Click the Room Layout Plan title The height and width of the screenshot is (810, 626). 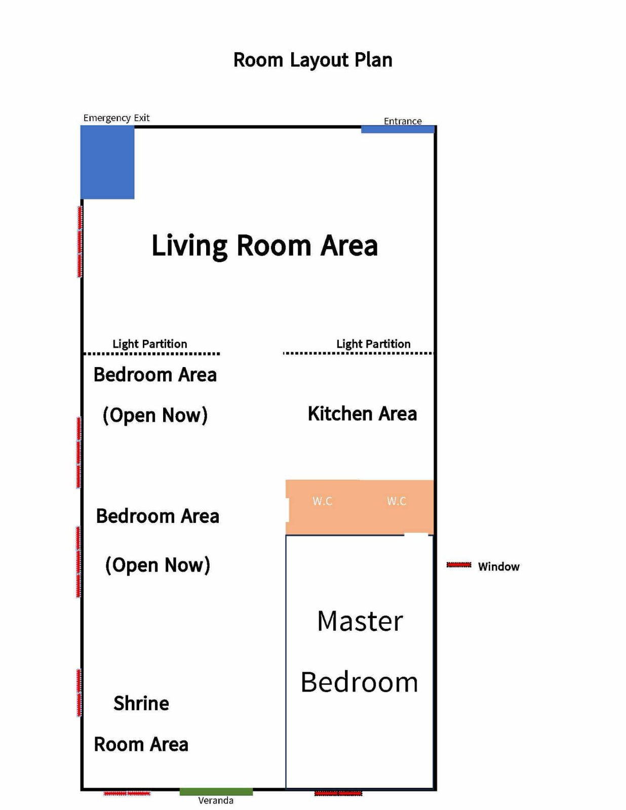[312, 60]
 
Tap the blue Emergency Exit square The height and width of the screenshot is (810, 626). [107, 162]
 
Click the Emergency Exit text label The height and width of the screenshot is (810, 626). [116, 118]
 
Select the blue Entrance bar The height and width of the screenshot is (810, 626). [398, 129]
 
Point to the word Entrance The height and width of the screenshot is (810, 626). [403, 121]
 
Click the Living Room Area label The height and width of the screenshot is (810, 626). [265, 246]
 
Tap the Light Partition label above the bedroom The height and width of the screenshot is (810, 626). [150, 344]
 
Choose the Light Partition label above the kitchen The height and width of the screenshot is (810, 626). [373, 344]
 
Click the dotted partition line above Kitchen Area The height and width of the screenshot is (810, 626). [358, 353]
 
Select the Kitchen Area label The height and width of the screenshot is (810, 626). [362, 414]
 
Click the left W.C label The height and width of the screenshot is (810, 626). [323, 501]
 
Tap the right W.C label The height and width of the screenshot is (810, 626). [397, 501]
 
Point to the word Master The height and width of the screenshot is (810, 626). [360, 621]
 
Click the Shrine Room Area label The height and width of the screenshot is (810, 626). [141, 723]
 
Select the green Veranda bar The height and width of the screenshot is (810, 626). [216, 791]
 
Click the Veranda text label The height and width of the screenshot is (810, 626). [216, 800]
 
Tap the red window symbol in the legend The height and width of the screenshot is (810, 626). [459, 565]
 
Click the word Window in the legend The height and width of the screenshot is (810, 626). [499, 566]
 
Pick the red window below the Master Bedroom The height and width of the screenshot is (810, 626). [338, 793]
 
